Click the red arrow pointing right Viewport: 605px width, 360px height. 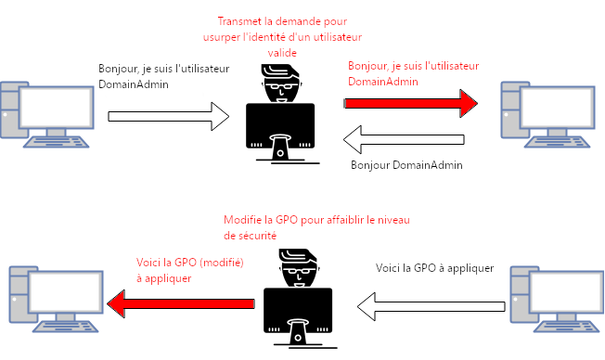410,103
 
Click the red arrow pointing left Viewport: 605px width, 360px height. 181,303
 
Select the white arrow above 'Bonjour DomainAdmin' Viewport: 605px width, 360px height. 404,139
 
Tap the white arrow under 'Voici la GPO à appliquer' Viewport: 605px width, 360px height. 431,306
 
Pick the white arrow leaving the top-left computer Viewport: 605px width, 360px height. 169,116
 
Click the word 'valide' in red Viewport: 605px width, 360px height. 282,53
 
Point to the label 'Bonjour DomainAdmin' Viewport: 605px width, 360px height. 406,165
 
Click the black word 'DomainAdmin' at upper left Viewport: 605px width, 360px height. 134,84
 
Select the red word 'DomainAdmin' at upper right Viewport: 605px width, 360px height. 383,82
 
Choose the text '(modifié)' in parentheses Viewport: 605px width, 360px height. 223,263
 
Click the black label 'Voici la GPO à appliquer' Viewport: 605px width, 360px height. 435,268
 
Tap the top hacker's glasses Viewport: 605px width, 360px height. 282,85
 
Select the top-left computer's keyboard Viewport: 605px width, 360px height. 56,142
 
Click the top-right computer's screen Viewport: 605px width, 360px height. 557,108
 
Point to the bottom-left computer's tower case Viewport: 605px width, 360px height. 22,294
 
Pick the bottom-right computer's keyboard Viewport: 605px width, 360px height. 566,327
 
